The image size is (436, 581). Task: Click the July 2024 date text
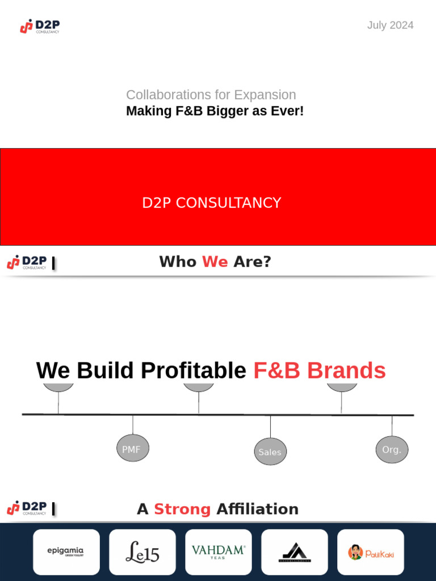tap(390, 25)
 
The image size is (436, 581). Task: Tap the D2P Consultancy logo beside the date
tap(40, 26)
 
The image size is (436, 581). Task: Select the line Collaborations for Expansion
tap(211, 95)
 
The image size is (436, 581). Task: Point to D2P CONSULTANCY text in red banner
tap(212, 203)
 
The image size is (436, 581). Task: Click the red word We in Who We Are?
tap(215, 262)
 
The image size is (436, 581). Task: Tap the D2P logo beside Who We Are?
tap(27, 262)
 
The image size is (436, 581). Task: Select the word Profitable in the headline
tap(193, 371)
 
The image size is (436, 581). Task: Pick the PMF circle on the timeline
tap(132, 448)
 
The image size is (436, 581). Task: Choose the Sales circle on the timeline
tap(270, 452)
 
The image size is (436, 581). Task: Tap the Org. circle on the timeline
tap(392, 449)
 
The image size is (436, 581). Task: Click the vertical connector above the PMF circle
tap(133, 424)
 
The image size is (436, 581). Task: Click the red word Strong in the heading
tap(182, 509)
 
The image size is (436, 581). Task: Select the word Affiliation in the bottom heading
tap(257, 509)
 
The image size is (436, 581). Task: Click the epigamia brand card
tap(66, 552)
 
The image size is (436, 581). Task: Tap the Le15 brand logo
tap(142, 552)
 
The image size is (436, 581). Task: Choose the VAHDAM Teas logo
tap(219, 552)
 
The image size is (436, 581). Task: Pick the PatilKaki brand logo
tap(371, 552)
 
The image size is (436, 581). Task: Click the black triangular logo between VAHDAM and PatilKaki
tap(295, 552)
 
